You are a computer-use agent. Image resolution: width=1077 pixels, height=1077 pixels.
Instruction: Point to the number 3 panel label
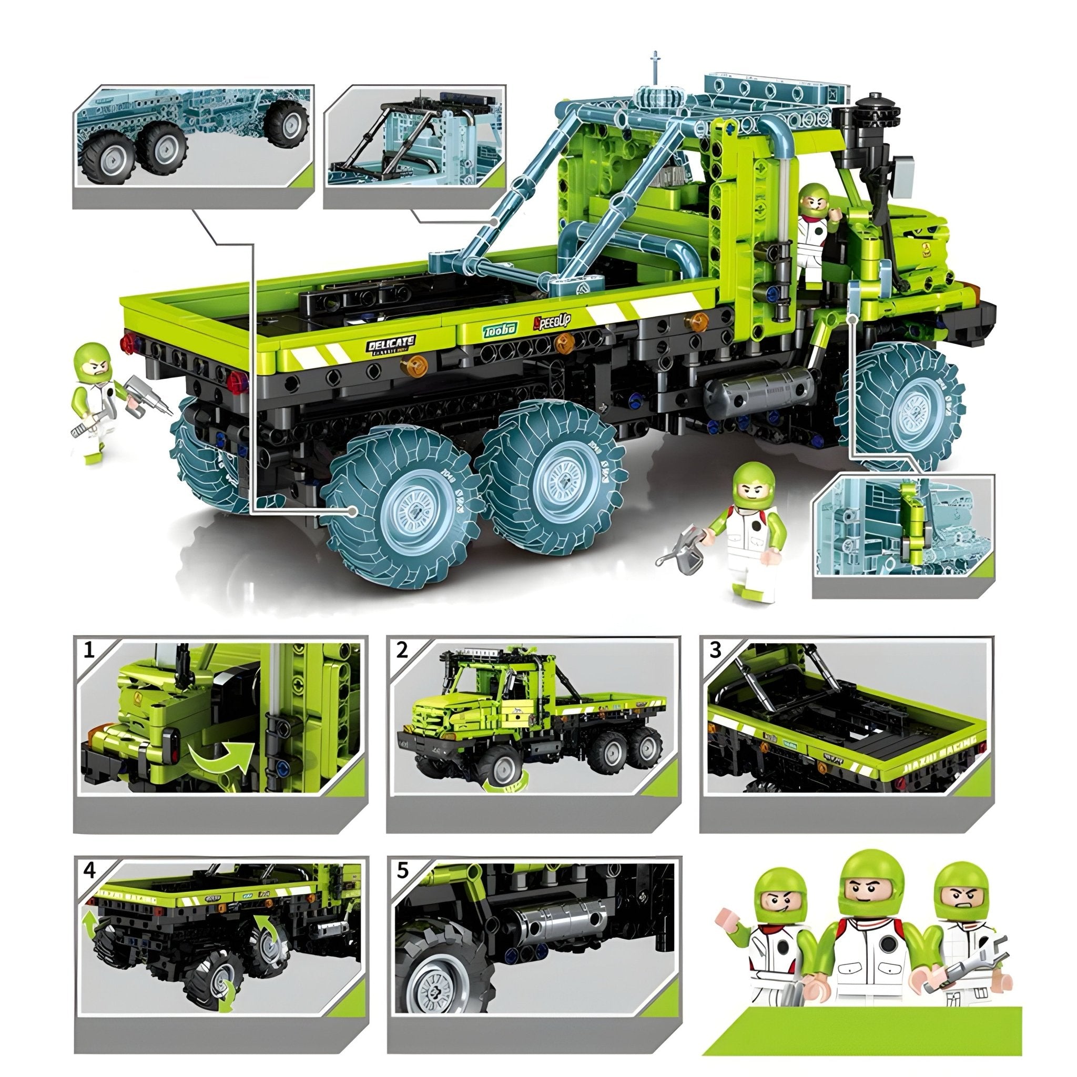click(716, 649)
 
